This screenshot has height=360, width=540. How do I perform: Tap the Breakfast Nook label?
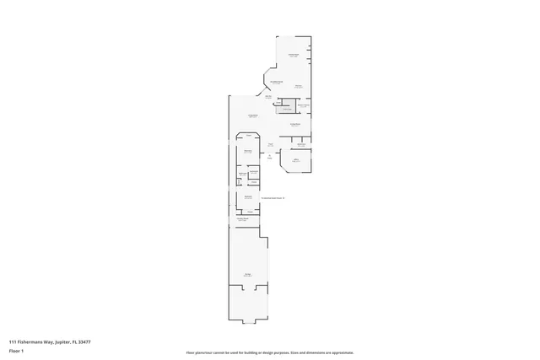[x=275, y=82]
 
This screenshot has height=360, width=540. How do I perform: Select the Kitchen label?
[x=299, y=87]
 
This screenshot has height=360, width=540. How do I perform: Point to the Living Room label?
[x=251, y=116]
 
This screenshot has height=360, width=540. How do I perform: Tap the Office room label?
[x=295, y=159]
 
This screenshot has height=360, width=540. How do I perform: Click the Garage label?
[x=248, y=275]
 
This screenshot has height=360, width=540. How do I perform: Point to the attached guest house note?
[x=273, y=198]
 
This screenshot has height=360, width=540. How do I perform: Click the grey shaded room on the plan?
[x=287, y=109]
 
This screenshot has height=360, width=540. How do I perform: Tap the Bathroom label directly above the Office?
[x=300, y=145]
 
